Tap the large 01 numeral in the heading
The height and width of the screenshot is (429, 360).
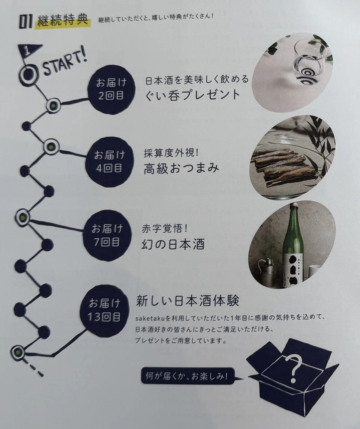click(26, 22)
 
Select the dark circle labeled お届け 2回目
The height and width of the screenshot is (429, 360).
click(111, 90)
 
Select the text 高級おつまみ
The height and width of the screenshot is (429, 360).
click(181, 169)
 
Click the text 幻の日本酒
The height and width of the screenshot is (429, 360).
click(173, 245)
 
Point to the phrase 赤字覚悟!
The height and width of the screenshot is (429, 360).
click(165, 229)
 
